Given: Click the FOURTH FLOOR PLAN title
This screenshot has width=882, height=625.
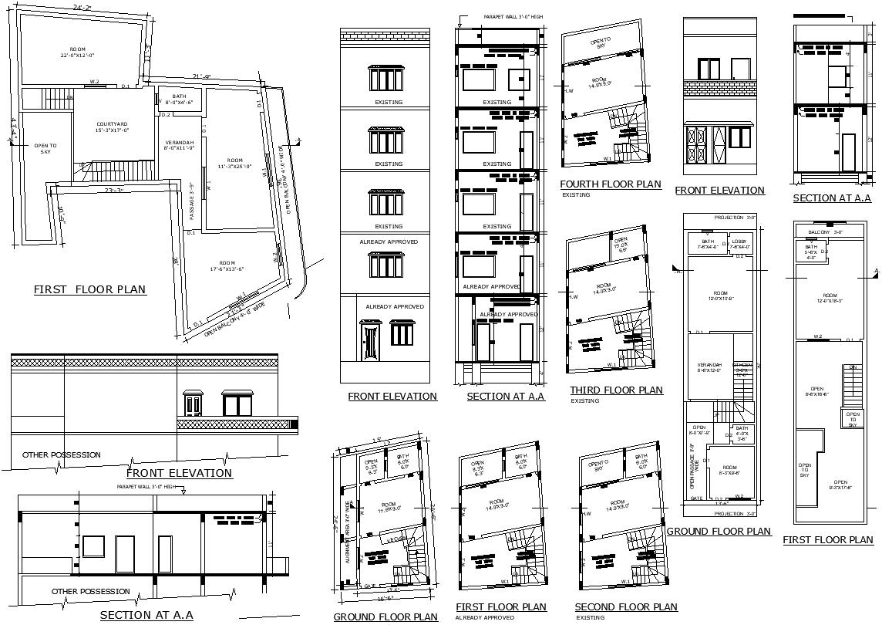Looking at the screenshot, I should coord(610,184).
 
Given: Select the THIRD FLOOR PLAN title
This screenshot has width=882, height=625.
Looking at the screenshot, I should coord(616,390).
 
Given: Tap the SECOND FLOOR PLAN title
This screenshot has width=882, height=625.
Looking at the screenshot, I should coord(626,607).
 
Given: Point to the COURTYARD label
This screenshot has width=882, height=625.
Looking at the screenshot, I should coord(112,127).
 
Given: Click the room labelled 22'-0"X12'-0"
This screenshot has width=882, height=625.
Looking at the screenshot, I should coord(78,52).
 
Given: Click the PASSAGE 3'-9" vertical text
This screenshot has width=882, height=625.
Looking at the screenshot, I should coord(191,200).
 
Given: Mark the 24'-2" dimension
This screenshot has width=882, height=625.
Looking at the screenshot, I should coord(82,7).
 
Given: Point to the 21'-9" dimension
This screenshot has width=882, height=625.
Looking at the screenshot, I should coord(202,76).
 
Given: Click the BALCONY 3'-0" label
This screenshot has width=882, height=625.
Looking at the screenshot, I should coord(825,232).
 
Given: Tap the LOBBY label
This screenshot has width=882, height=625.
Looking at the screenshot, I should coord(739,244).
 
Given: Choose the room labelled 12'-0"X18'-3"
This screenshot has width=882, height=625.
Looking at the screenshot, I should coord(829,298).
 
